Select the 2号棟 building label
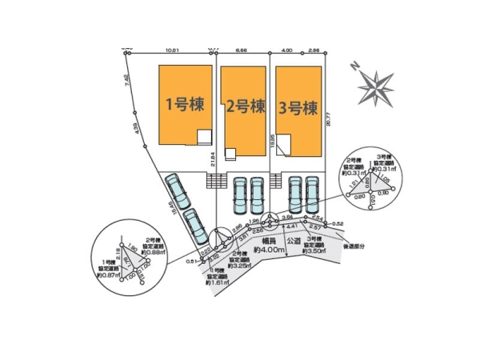(x=245, y=105)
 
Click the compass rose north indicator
(x=375, y=83)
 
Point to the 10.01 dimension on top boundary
(x=171, y=50)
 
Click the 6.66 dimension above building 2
(x=241, y=50)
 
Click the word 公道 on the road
(x=294, y=240)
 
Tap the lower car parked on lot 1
(x=194, y=226)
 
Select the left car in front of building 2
(x=239, y=194)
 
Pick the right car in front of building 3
(x=313, y=194)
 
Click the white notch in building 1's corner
(x=205, y=137)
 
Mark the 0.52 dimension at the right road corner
(x=338, y=223)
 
